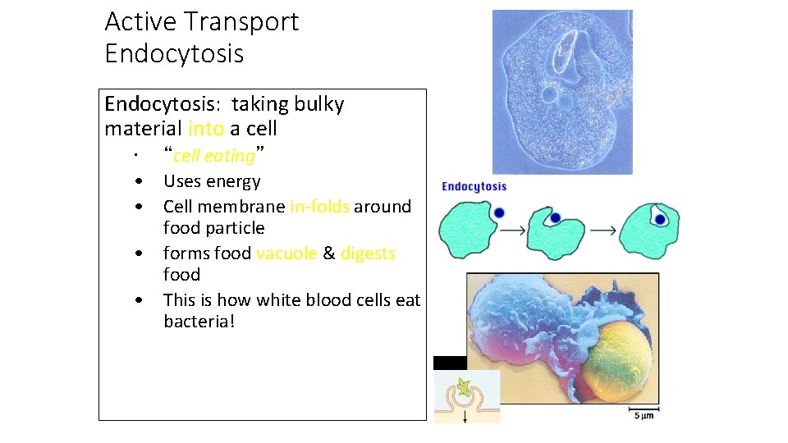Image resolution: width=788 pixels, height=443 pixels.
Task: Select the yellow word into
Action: (205, 129)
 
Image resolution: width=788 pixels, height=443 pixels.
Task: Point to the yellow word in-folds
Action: (319, 207)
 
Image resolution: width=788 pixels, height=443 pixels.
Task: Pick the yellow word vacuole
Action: (286, 253)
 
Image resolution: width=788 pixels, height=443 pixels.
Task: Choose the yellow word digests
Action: (368, 253)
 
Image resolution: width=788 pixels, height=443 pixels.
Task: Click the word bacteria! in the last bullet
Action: (199, 321)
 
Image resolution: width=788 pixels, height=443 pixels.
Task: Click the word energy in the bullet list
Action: (236, 182)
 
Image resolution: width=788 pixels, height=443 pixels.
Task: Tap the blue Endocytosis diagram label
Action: (474, 187)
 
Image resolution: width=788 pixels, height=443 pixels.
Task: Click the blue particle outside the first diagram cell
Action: (499, 213)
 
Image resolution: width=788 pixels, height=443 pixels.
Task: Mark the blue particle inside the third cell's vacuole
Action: (660, 220)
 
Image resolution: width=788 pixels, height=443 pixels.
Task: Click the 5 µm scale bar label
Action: (644, 417)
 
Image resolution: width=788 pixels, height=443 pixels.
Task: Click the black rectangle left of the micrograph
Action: (449, 363)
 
